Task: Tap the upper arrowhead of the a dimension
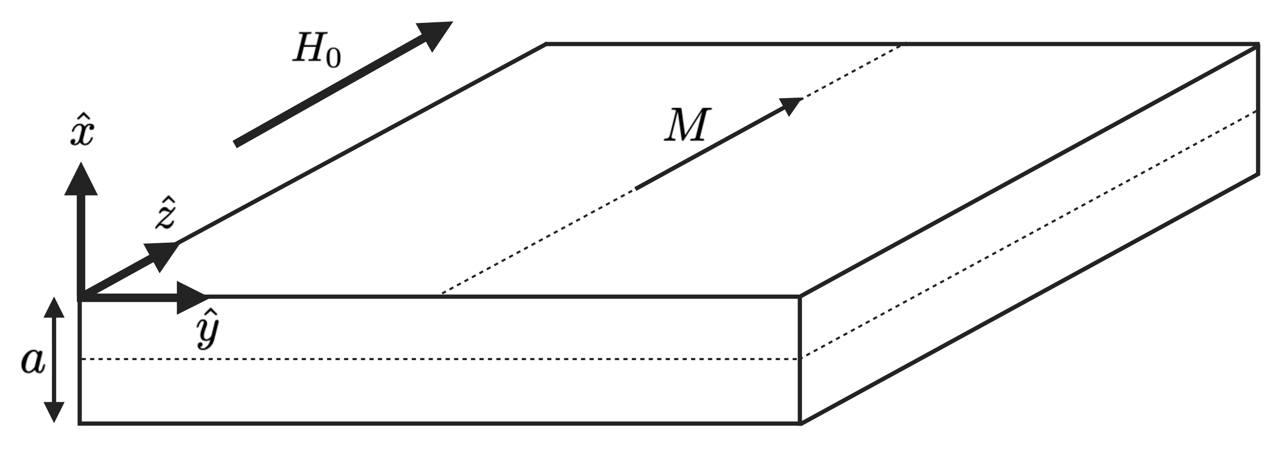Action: [x=54, y=308]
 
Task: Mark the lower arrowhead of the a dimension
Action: [x=54, y=412]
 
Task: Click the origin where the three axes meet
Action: [x=80, y=298]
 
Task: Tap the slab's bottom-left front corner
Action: [x=80, y=423]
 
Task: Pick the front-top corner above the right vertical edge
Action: [x=800, y=297]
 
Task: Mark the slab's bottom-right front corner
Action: [x=800, y=423]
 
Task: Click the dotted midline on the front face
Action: [x=441, y=359]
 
